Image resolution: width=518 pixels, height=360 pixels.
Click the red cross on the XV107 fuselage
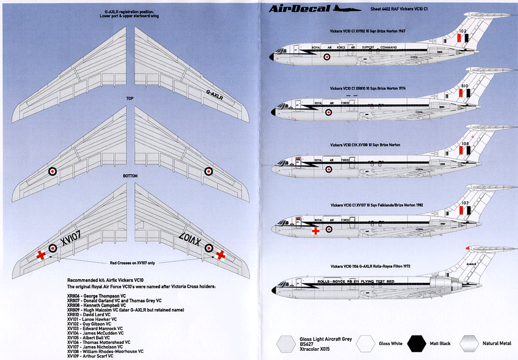click(x=315, y=231)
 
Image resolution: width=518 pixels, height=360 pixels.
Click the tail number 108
click(x=465, y=144)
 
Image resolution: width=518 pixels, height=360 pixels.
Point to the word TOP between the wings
click(x=130, y=99)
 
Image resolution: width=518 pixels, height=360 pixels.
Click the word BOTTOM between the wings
click(x=130, y=175)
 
